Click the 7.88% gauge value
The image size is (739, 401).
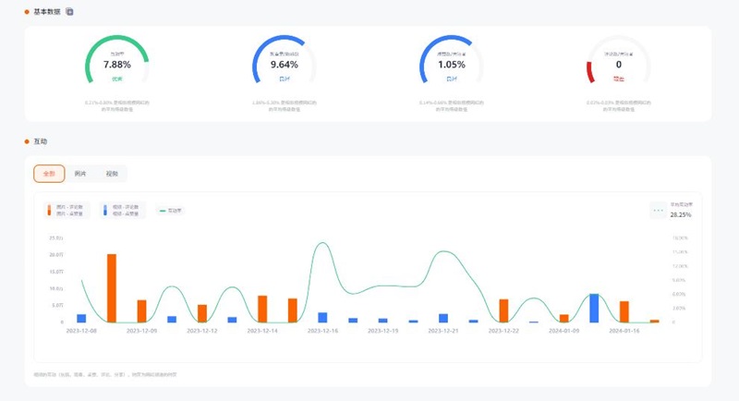(x=117, y=65)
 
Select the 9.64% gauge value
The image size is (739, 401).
(x=285, y=65)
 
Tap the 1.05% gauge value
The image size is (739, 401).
(x=451, y=65)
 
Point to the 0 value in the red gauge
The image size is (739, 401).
(x=618, y=65)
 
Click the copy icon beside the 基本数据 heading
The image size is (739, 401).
(x=70, y=12)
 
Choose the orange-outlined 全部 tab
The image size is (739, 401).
(x=49, y=174)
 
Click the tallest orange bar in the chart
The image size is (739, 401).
(x=112, y=287)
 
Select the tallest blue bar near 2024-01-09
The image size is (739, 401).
(x=594, y=308)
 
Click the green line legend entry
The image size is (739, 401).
(x=171, y=211)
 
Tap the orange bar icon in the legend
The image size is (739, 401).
(x=49, y=211)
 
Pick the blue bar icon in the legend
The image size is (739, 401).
(x=105, y=211)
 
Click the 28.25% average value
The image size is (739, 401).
(x=681, y=214)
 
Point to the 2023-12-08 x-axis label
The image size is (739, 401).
(x=81, y=330)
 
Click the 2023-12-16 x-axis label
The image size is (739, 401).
(x=322, y=330)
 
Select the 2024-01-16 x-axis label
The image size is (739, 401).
(x=624, y=330)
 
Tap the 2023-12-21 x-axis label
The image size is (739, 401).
(x=443, y=330)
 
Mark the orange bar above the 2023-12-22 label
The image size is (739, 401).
(x=503, y=310)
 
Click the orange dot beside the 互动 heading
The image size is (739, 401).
(x=27, y=141)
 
